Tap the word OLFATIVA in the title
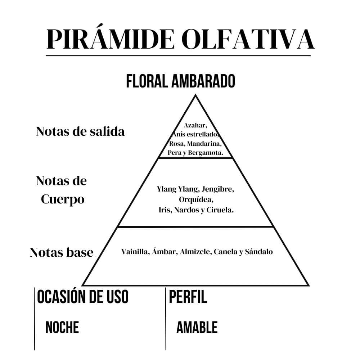pos(248,39)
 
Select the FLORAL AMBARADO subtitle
pos(180,81)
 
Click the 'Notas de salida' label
pos(80,131)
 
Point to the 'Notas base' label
pos(62,252)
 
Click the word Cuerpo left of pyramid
pos(63,199)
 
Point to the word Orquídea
pos(196,199)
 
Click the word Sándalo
pos(259,252)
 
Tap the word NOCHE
pos(62,327)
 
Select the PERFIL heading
pos(188,297)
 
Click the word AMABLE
pos(197,327)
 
